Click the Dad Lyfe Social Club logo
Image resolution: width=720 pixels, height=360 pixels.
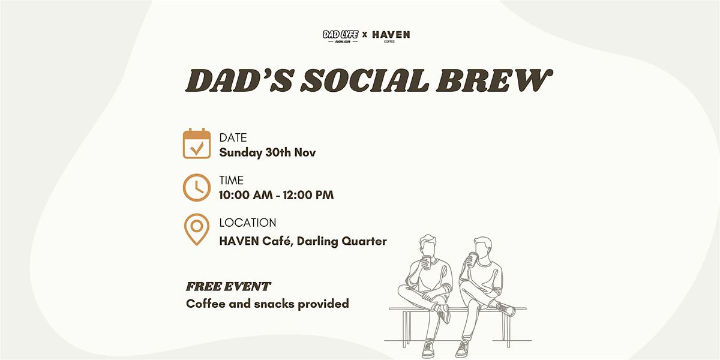(x=340, y=36)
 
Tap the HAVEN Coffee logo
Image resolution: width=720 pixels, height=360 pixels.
(x=391, y=36)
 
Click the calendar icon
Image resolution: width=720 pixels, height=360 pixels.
(x=197, y=144)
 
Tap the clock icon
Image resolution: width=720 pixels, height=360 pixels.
(x=197, y=187)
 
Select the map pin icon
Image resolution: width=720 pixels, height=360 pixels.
(x=197, y=229)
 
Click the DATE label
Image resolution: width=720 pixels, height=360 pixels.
(x=233, y=138)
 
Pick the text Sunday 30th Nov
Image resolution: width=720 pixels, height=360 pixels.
(x=267, y=153)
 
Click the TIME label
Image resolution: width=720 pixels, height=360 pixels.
(x=232, y=181)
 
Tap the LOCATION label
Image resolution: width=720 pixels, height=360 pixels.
(x=247, y=223)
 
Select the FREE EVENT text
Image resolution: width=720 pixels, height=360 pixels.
(x=228, y=287)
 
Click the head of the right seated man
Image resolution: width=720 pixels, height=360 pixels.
(x=481, y=245)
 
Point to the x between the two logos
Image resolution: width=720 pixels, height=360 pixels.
(x=365, y=36)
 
